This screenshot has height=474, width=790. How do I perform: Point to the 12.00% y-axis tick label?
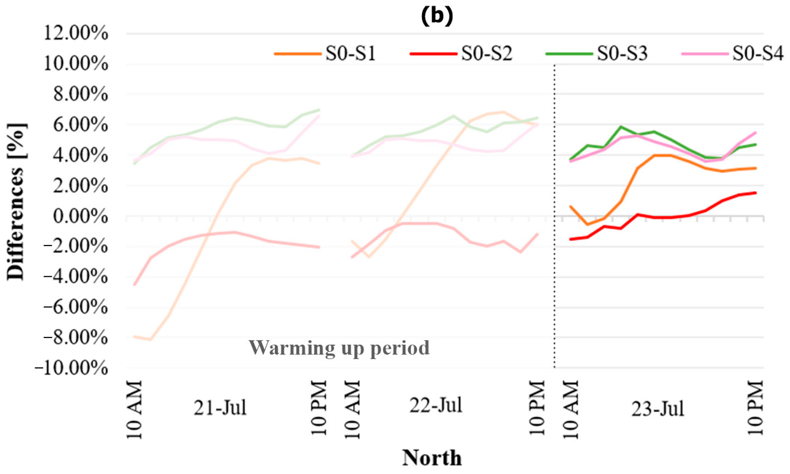pos(75,33)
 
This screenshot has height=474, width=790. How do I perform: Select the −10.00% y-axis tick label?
pos(72,368)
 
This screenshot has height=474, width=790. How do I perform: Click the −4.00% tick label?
pos(75,277)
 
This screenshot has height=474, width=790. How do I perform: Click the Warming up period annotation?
pos(339,348)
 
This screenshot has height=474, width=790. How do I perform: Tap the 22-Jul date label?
pos(436,405)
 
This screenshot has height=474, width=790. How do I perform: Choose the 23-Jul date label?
pos(657,409)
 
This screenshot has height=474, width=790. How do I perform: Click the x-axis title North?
pos(432,458)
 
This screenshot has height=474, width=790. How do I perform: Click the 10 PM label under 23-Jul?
pos(755,408)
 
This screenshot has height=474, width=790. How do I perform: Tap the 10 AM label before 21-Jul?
pos(134,410)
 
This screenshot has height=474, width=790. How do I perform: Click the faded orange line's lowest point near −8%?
pos(150,340)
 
